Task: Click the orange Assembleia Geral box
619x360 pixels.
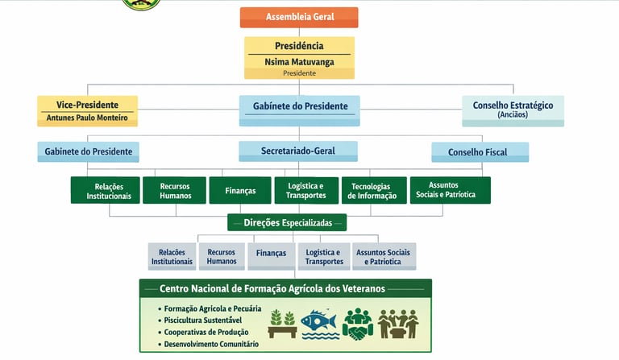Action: coord(299,17)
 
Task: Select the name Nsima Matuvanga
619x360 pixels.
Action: coord(299,61)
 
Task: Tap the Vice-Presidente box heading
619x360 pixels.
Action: coord(87,105)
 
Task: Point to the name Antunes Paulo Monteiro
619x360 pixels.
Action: coord(87,118)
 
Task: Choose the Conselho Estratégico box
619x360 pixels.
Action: coord(513,110)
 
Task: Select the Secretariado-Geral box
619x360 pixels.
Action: coord(297,151)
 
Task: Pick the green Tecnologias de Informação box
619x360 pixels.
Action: coord(372,191)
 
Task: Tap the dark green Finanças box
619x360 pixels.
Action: coord(240,191)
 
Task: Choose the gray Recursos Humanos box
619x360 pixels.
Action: coord(222,256)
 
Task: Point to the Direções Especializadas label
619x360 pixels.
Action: coord(287,221)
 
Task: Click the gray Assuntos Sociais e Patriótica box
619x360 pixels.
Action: coord(383,256)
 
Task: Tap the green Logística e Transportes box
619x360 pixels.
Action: coord(305,191)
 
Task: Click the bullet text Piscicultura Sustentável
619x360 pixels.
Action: coord(201,321)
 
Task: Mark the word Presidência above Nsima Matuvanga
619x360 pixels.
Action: coord(299,46)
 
